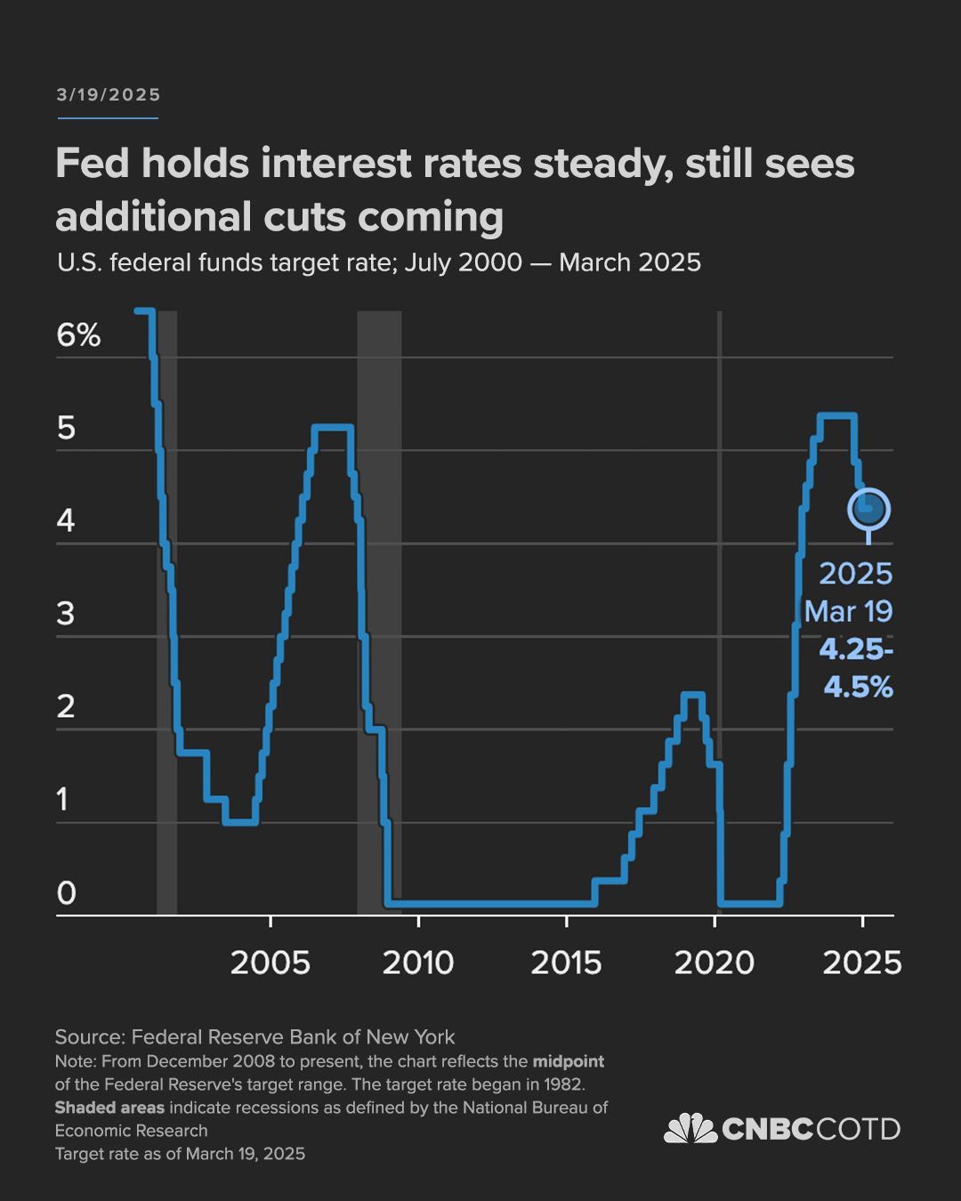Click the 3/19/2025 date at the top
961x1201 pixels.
tap(108, 95)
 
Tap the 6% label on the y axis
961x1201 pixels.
tap(78, 335)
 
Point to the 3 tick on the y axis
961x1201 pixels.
tap(65, 614)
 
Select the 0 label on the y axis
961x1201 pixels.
tap(66, 893)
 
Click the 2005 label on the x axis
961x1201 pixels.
tap(270, 963)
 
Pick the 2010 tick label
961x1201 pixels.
tap(418, 963)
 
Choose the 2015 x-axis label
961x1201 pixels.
tap(566, 963)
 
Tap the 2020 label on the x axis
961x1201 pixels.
tap(714, 963)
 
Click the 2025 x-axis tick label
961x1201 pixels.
tap(861, 963)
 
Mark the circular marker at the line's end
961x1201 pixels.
tap(868, 510)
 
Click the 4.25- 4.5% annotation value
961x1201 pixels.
tap(856, 668)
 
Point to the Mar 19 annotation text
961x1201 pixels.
tap(848, 612)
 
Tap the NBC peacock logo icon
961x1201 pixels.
tap(690, 1129)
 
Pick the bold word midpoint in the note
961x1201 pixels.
tap(568, 1061)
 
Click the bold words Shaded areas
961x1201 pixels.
tap(109, 1108)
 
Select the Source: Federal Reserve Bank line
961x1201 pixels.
tap(254, 1037)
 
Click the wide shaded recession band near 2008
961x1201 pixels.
tap(379, 605)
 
